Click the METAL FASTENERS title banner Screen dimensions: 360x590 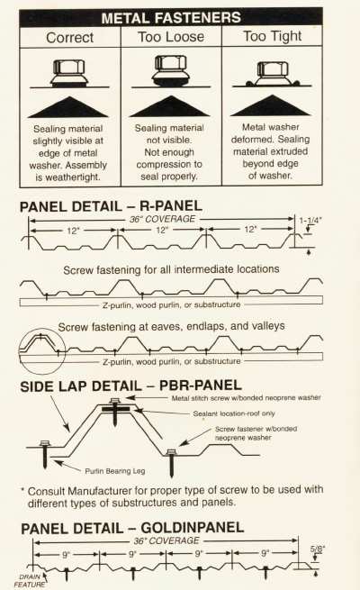tap(171, 18)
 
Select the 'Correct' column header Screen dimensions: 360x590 tap(70, 38)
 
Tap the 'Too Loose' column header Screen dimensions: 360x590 tap(171, 37)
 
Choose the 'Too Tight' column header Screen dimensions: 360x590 tap(273, 36)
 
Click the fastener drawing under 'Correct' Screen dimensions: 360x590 tap(69, 73)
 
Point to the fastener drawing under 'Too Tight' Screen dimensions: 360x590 tap(272, 74)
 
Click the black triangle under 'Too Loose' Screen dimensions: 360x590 tap(169, 106)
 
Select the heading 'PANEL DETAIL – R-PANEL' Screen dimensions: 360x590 tap(111, 206)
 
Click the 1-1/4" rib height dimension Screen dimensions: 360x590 tap(310, 221)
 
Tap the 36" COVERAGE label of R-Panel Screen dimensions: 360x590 tap(162, 219)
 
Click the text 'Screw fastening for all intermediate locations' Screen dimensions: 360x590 tap(171, 270)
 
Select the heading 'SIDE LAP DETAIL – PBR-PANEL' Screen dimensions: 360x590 tap(130, 386)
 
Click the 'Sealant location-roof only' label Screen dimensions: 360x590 tap(234, 413)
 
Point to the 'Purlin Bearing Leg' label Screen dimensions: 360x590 tap(115, 471)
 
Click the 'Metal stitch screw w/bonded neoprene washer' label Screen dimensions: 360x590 tap(246, 398)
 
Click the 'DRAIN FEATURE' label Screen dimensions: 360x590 tap(29, 580)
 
